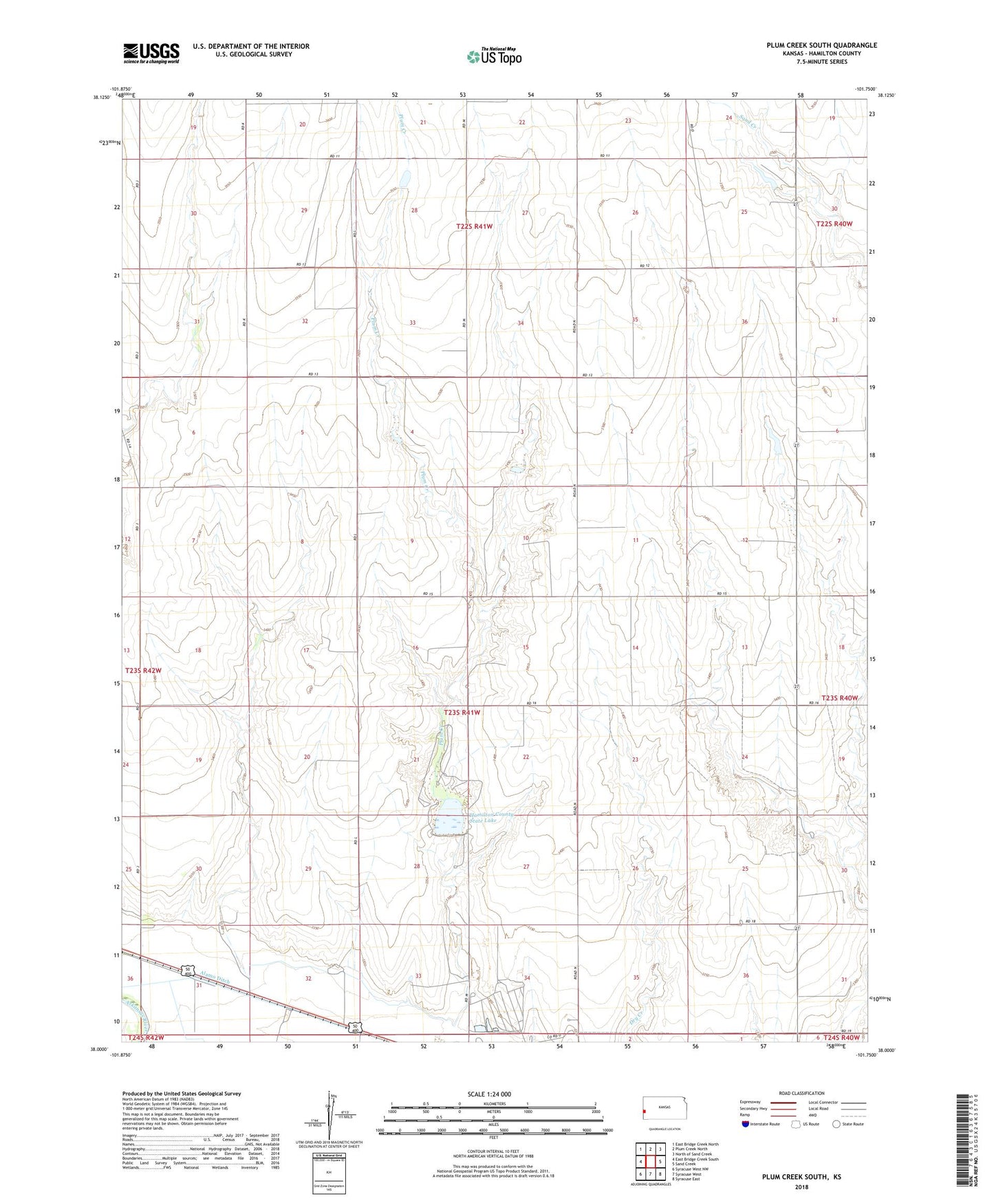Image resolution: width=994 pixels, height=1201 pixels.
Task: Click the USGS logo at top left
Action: point(151,53)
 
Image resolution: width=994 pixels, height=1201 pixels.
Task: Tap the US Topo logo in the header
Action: point(493,56)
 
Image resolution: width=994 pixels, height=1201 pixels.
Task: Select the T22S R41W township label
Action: point(475,226)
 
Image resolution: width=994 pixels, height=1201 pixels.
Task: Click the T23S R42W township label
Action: point(143,670)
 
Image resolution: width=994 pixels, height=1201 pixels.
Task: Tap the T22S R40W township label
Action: point(834,224)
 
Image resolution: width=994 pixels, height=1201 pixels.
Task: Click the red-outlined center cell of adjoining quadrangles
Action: point(650,1162)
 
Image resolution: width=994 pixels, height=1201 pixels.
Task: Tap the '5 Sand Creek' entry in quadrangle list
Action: point(688,1164)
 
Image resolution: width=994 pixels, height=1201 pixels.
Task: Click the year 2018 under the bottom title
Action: point(801,1187)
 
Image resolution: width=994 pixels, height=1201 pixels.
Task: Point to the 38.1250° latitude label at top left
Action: point(101,98)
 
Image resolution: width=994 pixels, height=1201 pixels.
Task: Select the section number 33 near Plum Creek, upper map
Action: point(413,323)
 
